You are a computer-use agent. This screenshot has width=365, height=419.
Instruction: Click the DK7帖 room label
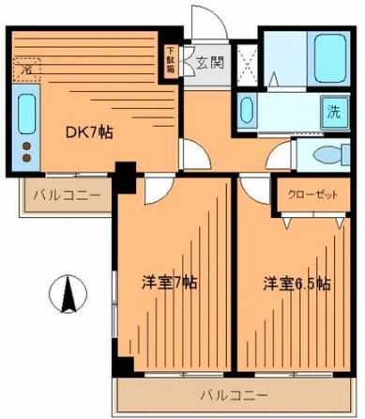[91, 132]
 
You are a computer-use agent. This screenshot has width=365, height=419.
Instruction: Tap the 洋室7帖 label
[169, 282]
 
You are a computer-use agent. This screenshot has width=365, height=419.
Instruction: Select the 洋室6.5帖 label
[296, 282]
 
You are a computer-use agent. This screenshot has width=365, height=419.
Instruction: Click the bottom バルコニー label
[233, 395]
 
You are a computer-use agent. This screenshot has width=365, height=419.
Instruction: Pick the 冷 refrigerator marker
[28, 69]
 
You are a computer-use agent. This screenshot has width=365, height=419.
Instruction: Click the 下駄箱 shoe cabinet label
[171, 61]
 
